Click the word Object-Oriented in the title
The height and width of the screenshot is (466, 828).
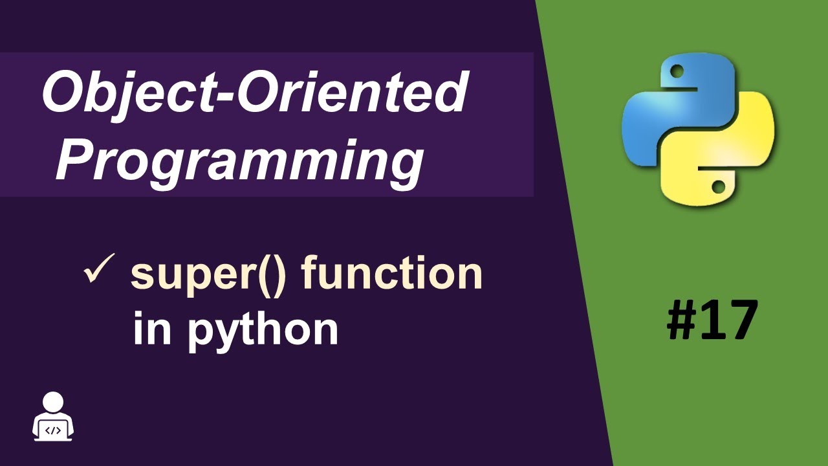(254, 93)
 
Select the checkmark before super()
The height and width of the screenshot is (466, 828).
(99, 272)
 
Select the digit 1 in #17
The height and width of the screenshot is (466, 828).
(715, 320)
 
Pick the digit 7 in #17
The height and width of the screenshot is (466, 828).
(741, 320)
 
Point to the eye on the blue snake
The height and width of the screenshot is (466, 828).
(677, 69)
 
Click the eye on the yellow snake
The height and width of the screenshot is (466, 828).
(718, 186)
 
